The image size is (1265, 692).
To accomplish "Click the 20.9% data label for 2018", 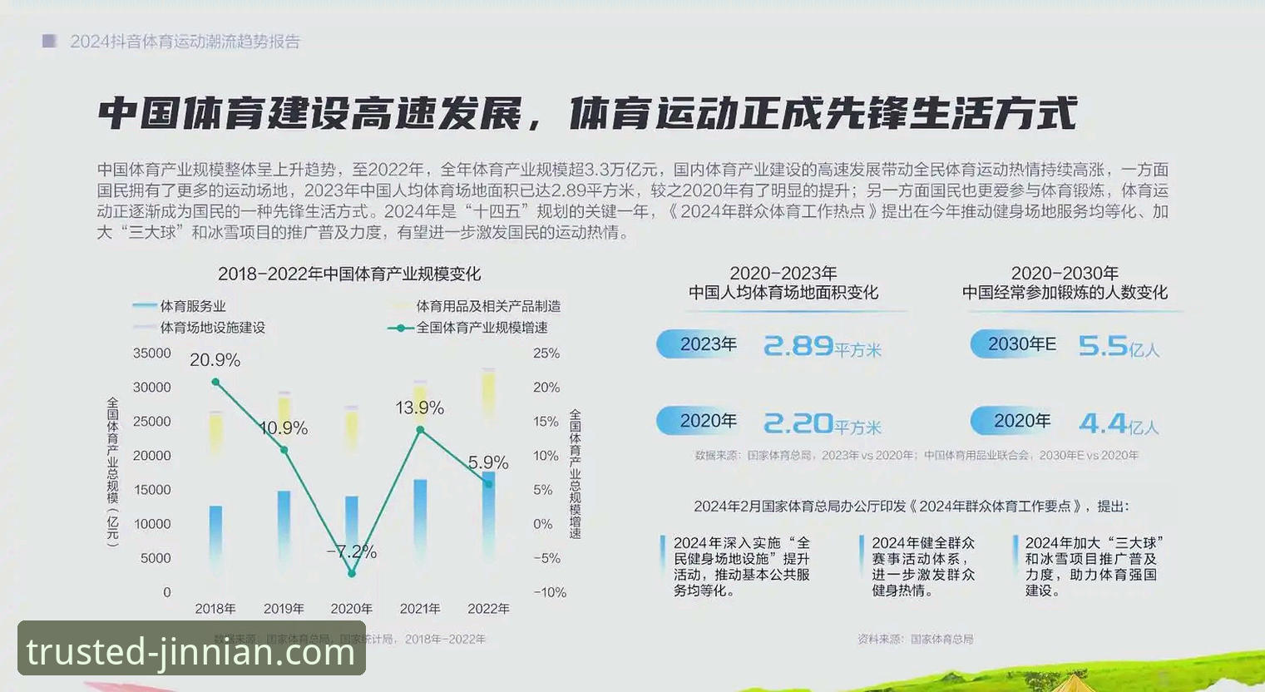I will click(x=215, y=360).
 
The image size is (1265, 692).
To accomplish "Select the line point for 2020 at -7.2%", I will click(x=352, y=573).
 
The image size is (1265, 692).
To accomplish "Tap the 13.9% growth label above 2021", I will click(x=419, y=408).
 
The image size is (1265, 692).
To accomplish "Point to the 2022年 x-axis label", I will click(x=488, y=609).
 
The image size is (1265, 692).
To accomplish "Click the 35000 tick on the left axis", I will click(x=152, y=353).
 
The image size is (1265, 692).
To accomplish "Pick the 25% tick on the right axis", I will click(x=546, y=353).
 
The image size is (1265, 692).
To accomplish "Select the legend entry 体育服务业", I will click(x=192, y=306).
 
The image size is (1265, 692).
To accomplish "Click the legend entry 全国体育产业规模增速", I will click(x=482, y=328).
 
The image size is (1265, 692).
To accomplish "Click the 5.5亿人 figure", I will click(x=1118, y=346).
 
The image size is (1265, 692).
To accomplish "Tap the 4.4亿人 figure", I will click(x=1118, y=424).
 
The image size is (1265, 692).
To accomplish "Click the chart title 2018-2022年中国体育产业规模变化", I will click(x=349, y=274).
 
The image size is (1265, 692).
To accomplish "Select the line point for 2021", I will click(x=420, y=430).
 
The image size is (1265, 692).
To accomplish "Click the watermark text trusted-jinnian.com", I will click(x=191, y=651).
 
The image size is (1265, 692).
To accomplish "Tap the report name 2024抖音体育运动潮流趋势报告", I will click(x=185, y=42).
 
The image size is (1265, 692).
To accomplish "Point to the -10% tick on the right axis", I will click(x=549, y=592).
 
